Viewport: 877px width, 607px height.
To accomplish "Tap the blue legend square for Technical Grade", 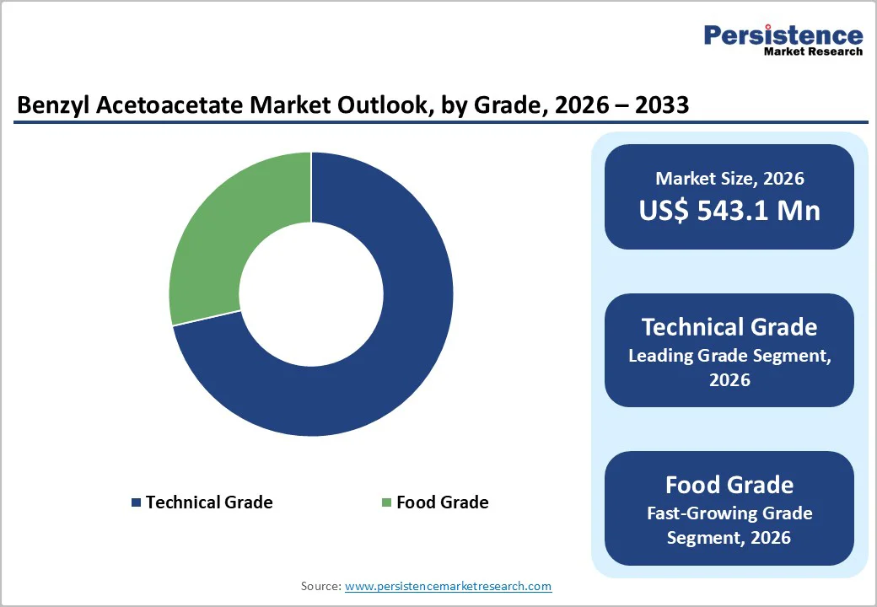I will pos(136,502).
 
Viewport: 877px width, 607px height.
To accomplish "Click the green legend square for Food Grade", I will pos(386,502).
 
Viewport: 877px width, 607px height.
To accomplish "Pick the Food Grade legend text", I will pos(442,502).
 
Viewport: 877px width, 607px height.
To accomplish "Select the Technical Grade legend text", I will pos(209,502).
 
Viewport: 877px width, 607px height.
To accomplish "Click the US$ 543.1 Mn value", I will pos(729,211).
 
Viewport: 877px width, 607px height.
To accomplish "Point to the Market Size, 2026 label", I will pos(729,179).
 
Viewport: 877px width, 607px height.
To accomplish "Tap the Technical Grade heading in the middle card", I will pos(729,327).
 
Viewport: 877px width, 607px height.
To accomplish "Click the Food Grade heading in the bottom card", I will pos(729,485).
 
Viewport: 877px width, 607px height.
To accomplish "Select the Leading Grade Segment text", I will pos(729,356).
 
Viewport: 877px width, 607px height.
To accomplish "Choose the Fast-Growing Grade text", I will pos(729,513).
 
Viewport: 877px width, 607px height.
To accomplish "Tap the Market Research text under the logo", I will pos(813,51).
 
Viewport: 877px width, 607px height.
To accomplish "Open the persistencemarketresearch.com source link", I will pos(448,585).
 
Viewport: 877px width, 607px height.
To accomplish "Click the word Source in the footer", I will pos(320,585).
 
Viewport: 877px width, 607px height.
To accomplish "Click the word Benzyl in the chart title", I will pos(51,105).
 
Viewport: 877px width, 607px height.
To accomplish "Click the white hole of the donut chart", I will pos(311,294).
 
